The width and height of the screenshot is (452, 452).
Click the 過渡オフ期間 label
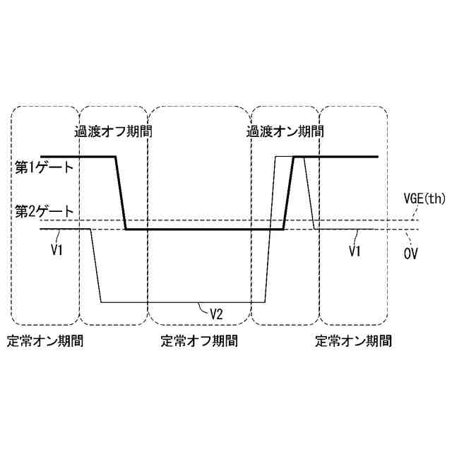[x=113, y=131]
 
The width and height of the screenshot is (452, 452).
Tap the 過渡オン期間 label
[x=284, y=131]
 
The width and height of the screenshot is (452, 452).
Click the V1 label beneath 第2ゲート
[x=57, y=249]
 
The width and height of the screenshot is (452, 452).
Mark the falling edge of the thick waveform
[x=120, y=193]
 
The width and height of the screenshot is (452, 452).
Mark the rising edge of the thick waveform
[x=288, y=193]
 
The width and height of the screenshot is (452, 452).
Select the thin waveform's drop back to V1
[x=309, y=193]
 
